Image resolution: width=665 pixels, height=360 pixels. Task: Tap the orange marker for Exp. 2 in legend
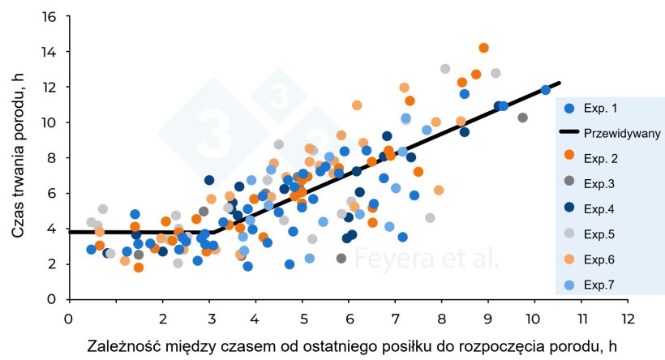[568, 156]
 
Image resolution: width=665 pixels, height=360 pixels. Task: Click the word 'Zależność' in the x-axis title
[123, 346]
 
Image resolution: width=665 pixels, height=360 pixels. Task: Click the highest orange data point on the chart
[483, 48]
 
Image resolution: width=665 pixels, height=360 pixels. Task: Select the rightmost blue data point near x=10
[545, 90]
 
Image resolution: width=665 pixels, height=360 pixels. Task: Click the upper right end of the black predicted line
[559, 83]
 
